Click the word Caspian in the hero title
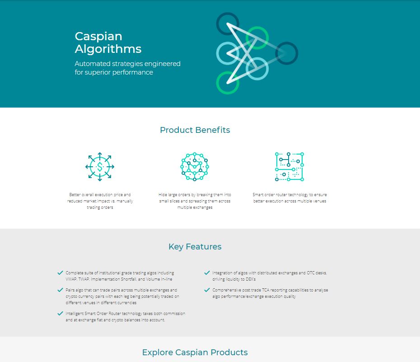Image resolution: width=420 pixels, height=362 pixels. tap(98, 37)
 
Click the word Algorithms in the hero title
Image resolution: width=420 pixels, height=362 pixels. tap(108, 49)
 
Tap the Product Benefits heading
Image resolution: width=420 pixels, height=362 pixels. tap(195, 130)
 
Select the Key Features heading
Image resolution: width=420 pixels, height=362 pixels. tap(195, 246)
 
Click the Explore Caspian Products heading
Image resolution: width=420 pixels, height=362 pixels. tap(195, 353)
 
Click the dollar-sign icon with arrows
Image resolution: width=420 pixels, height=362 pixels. tap(100, 167)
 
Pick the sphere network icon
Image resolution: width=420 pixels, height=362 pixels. tap(195, 167)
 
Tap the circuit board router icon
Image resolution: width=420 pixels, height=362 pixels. tap(289, 167)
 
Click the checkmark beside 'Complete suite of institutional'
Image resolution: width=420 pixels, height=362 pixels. tap(60, 273)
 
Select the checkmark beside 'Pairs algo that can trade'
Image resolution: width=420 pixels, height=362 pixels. tap(60, 290)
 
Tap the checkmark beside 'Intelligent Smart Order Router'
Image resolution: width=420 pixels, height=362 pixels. tap(60, 314)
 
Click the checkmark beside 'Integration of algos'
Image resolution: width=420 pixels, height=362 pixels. tap(207, 273)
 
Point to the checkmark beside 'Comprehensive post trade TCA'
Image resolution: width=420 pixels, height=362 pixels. tap(207, 290)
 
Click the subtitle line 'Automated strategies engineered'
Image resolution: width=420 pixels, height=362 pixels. tap(127, 64)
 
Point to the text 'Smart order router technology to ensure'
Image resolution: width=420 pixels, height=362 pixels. tap(289, 194)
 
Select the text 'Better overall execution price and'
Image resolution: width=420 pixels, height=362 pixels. tap(100, 194)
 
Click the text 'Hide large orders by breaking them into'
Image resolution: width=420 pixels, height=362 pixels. tap(195, 194)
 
